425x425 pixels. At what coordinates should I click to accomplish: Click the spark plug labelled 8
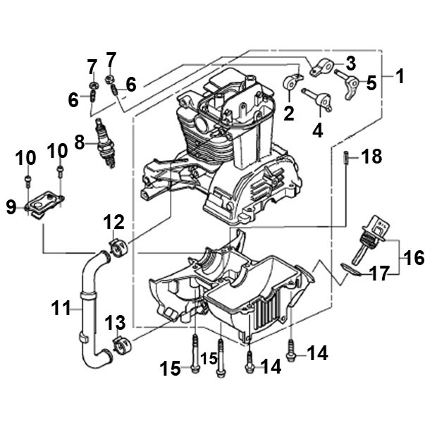[x=105, y=143]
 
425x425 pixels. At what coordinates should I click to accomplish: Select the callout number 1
[x=400, y=76]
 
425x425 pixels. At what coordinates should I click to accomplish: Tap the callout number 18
[x=372, y=156]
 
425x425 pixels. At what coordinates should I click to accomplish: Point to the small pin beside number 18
[x=346, y=157]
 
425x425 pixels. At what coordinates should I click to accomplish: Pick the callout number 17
[x=380, y=273]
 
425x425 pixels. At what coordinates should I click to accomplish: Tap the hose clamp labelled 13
[x=122, y=346]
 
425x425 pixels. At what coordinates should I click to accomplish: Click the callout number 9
[x=11, y=207]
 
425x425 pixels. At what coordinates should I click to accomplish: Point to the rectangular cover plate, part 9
[x=44, y=203]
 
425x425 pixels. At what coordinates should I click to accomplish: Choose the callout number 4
[x=318, y=130]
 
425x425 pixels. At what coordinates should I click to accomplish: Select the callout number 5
[x=371, y=83]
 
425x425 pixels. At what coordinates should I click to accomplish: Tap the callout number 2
[x=289, y=113]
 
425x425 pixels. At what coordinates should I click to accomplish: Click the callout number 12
[x=114, y=222]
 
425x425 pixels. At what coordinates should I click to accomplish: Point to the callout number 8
[x=80, y=142]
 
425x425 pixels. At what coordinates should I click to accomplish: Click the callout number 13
[x=115, y=323]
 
